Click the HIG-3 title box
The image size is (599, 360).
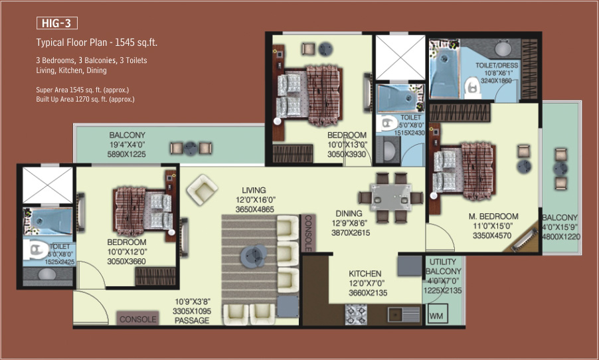[57, 23]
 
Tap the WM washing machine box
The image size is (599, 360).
[436, 315]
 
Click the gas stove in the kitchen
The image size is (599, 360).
[356, 314]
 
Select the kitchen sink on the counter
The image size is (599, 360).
[404, 315]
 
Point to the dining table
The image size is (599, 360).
[390, 197]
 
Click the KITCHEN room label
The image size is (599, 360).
[365, 274]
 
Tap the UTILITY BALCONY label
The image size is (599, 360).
[443, 266]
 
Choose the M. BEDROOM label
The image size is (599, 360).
[493, 217]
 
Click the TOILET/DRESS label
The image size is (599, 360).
[497, 65]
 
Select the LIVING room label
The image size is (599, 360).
[254, 190]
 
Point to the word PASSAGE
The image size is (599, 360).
[192, 321]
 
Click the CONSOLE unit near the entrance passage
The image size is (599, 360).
[137, 318]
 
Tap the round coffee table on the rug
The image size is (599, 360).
[254, 255]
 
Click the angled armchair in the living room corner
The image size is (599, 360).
[202, 189]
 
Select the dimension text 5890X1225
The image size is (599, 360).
[126, 154]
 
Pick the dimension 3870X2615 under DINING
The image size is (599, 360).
[351, 232]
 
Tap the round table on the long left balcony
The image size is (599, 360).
[190, 148]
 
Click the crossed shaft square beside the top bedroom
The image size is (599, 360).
[400, 58]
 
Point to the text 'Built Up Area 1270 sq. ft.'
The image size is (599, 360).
[72, 100]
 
